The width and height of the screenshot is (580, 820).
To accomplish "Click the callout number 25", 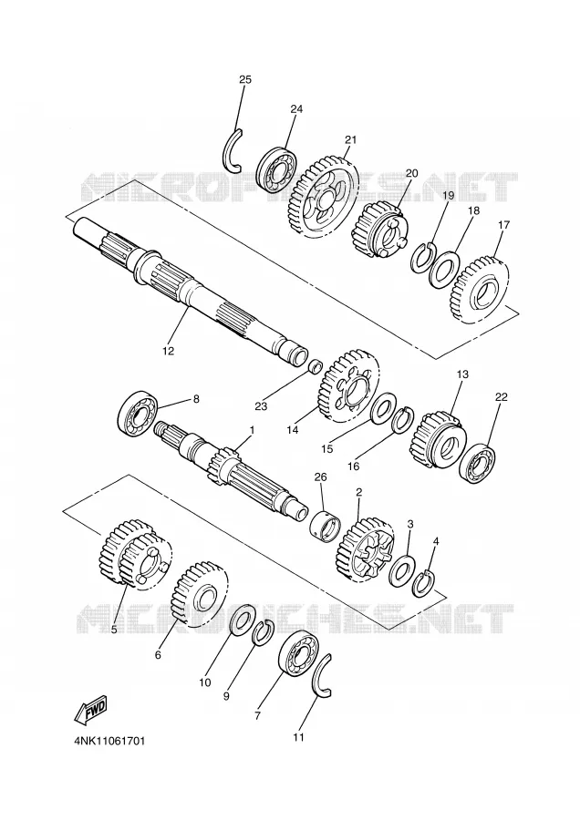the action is (245, 79).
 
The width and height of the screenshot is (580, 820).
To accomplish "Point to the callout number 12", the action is (168, 351).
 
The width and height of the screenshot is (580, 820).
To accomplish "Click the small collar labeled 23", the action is (315, 366).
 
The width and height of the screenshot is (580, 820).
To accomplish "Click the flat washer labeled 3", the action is (402, 571).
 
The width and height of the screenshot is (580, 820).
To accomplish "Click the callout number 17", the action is (503, 225).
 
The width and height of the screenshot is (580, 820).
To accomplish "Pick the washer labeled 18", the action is (444, 269).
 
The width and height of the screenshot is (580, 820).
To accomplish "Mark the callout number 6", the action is (158, 654).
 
